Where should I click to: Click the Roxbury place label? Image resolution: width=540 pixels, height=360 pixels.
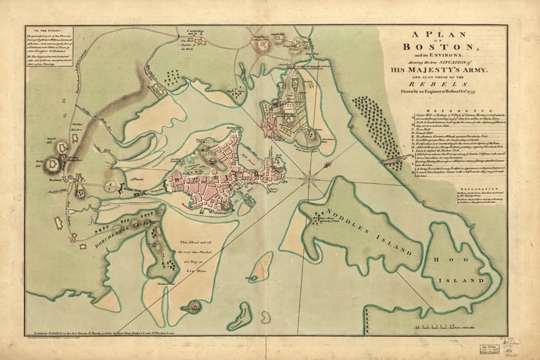[x=55, y=182]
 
